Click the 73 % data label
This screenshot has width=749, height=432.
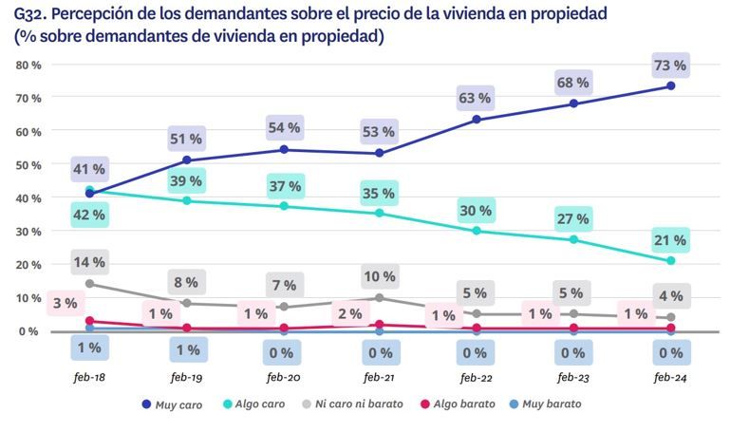670,66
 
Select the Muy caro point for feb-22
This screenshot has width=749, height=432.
477,120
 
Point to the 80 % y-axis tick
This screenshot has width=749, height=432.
28,65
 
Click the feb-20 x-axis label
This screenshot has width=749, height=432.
284,377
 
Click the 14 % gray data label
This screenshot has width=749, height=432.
89,262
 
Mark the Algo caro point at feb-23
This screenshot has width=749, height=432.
573,239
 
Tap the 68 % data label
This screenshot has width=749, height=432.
573,84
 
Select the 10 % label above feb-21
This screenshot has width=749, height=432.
380,276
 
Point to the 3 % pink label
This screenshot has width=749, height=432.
64,304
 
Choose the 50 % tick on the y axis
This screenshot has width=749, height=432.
28,164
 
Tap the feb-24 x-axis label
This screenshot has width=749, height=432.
670,377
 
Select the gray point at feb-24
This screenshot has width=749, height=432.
670,317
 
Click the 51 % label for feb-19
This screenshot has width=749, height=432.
186,139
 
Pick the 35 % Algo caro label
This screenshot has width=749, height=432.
380,194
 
